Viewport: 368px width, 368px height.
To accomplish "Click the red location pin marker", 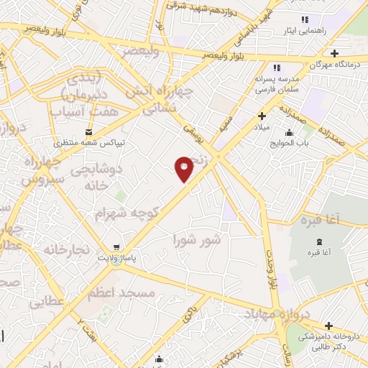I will coord(185,168).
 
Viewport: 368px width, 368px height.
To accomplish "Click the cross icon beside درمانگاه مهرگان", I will coord(334,53).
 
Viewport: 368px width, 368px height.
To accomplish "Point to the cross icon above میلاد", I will coord(262,116).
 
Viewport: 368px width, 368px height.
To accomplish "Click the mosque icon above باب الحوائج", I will coord(289,132).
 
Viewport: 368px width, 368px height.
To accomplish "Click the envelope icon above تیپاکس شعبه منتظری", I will coord(88,132).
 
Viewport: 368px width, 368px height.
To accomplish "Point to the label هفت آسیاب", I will coord(78,111).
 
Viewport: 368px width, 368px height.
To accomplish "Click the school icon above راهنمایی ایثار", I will coord(304,19).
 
